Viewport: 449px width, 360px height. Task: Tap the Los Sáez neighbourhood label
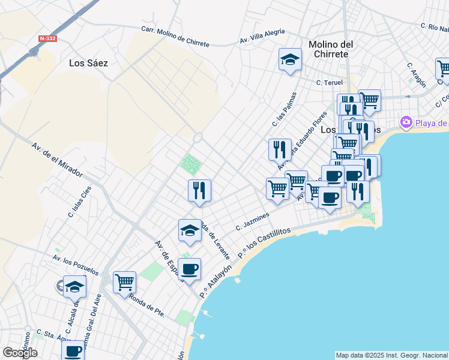click(88, 62)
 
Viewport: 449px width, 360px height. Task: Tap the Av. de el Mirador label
click(56, 159)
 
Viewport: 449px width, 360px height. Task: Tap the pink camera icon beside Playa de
click(406, 123)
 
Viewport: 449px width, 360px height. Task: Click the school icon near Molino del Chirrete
click(290, 60)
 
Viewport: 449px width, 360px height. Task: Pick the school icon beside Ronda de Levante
click(190, 230)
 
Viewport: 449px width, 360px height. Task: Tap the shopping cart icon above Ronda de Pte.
click(124, 282)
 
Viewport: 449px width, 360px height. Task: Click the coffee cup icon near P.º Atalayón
click(189, 269)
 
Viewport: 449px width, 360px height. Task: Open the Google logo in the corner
click(20, 353)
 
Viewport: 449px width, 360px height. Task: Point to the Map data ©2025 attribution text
click(391, 355)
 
